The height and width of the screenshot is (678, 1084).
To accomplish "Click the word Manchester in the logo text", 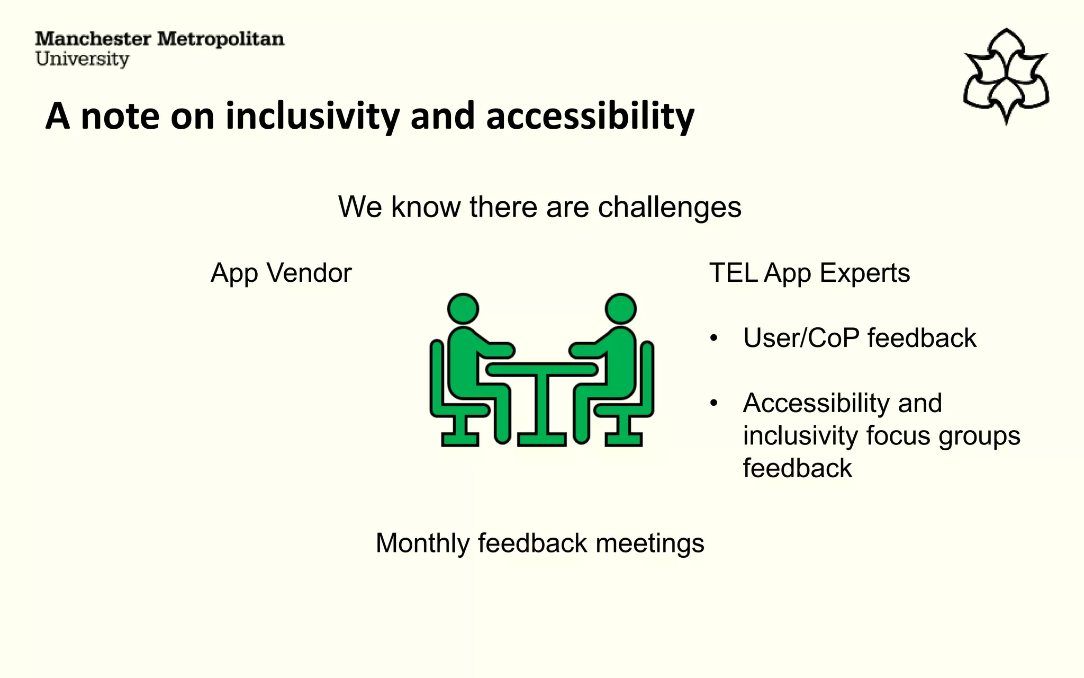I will coord(93,39).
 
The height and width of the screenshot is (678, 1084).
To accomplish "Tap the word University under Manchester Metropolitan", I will coord(82,59).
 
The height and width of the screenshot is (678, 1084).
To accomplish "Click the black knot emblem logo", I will coord(1006,77).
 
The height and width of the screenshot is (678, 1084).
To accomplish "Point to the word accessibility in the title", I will coord(590,116).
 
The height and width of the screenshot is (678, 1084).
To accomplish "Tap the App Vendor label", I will coord(281,273).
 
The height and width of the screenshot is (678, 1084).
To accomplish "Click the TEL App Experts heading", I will coord(809,273).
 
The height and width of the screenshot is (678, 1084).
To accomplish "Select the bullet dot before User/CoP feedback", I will coord(714,338).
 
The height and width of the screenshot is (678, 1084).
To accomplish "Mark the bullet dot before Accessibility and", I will coord(714,404).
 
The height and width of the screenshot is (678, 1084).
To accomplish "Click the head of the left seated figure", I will coord(463,309).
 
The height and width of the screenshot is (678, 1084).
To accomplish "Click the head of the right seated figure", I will coord(620,309).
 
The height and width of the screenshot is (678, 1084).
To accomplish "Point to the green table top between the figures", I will coord(542,369).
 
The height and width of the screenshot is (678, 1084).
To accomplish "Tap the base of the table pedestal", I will coord(542,439).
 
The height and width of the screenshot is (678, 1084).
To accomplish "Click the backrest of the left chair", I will coord(437,376).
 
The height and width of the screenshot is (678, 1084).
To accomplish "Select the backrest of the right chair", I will coord(647,376).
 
